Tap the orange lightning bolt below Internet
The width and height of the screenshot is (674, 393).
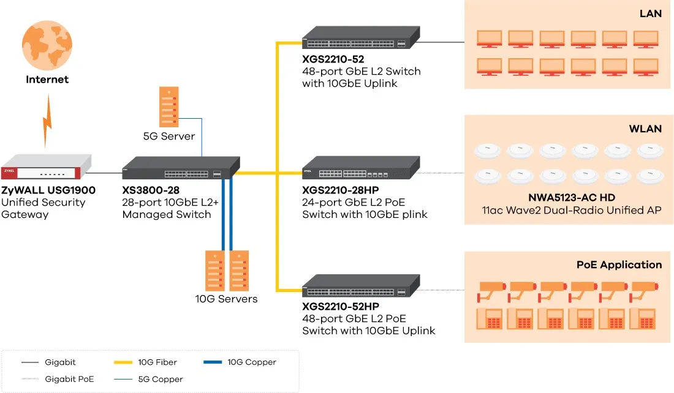[x=47, y=126]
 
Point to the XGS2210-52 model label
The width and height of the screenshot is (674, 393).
[x=333, y=59]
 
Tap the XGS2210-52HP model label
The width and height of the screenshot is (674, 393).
[x=341, y=306]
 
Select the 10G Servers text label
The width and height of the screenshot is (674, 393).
[x=227, y=299]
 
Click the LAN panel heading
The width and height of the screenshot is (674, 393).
[x=650, y=13]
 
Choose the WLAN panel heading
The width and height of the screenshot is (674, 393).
[x=645, y=129]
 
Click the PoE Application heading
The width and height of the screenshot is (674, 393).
[x=619, y=264]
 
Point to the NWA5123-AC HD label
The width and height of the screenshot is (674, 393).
[x=571, y=198]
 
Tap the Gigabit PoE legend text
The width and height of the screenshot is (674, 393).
[x=69, y=379]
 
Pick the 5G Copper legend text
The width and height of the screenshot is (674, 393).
[x=161, y=379]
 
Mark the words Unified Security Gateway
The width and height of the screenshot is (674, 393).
[x=44, y=208]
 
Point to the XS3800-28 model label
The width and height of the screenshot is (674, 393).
[x=151, y=190]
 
